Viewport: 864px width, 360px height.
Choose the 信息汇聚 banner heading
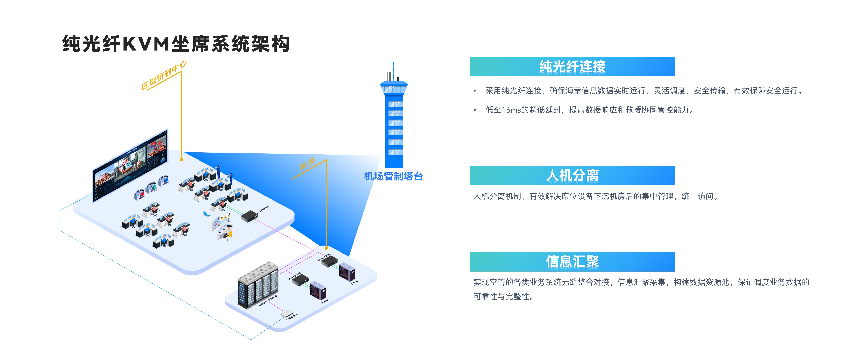[x=572, y=262]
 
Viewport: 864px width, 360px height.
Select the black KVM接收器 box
[x=249, y=216]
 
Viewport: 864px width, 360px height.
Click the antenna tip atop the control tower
[x=393, y=64]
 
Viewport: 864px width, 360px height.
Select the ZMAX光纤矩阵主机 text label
[x=267, y=301]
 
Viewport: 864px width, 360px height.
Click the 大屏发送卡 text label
[x=292, y=317]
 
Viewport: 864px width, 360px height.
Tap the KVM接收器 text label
[x=263, y=210]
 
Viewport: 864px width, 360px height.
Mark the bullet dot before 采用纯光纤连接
[x=475, y=91]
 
